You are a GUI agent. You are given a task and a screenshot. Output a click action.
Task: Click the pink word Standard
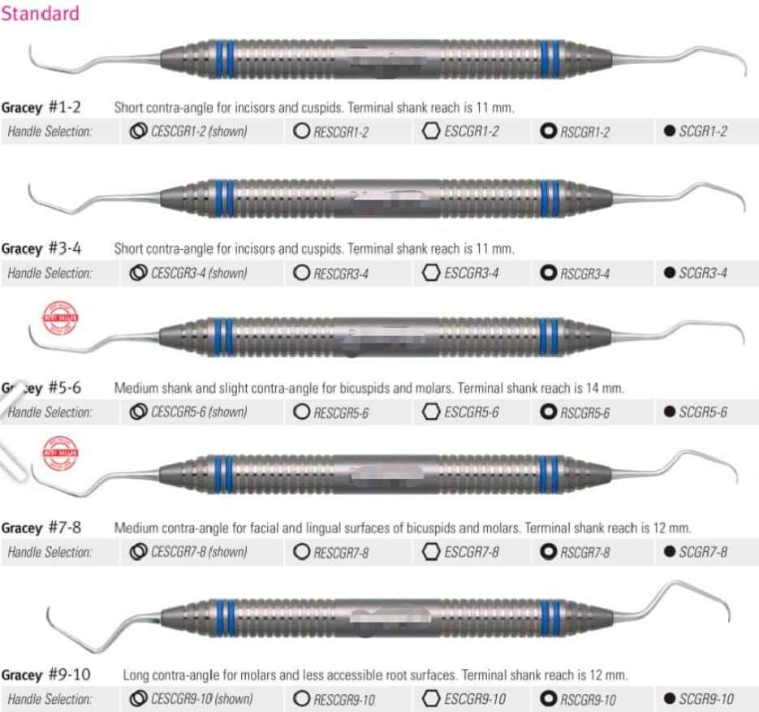(x=41, y=13)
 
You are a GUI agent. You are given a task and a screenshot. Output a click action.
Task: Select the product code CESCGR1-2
(x=198, y=132)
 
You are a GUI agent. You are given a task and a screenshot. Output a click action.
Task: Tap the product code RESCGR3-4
(x=341, y=274)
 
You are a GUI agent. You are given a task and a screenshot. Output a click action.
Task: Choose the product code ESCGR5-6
(x=471, y=412)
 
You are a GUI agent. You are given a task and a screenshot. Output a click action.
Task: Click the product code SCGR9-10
(x=705, y=699)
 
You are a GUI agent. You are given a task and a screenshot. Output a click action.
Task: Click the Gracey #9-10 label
(x=45, y=675)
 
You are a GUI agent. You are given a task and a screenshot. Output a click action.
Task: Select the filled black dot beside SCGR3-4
(x=669, y=273)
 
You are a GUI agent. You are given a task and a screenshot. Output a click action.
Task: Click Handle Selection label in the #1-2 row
(x=50, y=132)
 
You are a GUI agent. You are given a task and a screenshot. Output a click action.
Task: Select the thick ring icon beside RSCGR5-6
(x=549, y=412)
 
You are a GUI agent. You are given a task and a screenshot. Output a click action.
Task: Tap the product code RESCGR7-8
(x=341, y=553)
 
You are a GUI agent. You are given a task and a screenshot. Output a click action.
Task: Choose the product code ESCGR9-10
(x=475, y=699)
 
